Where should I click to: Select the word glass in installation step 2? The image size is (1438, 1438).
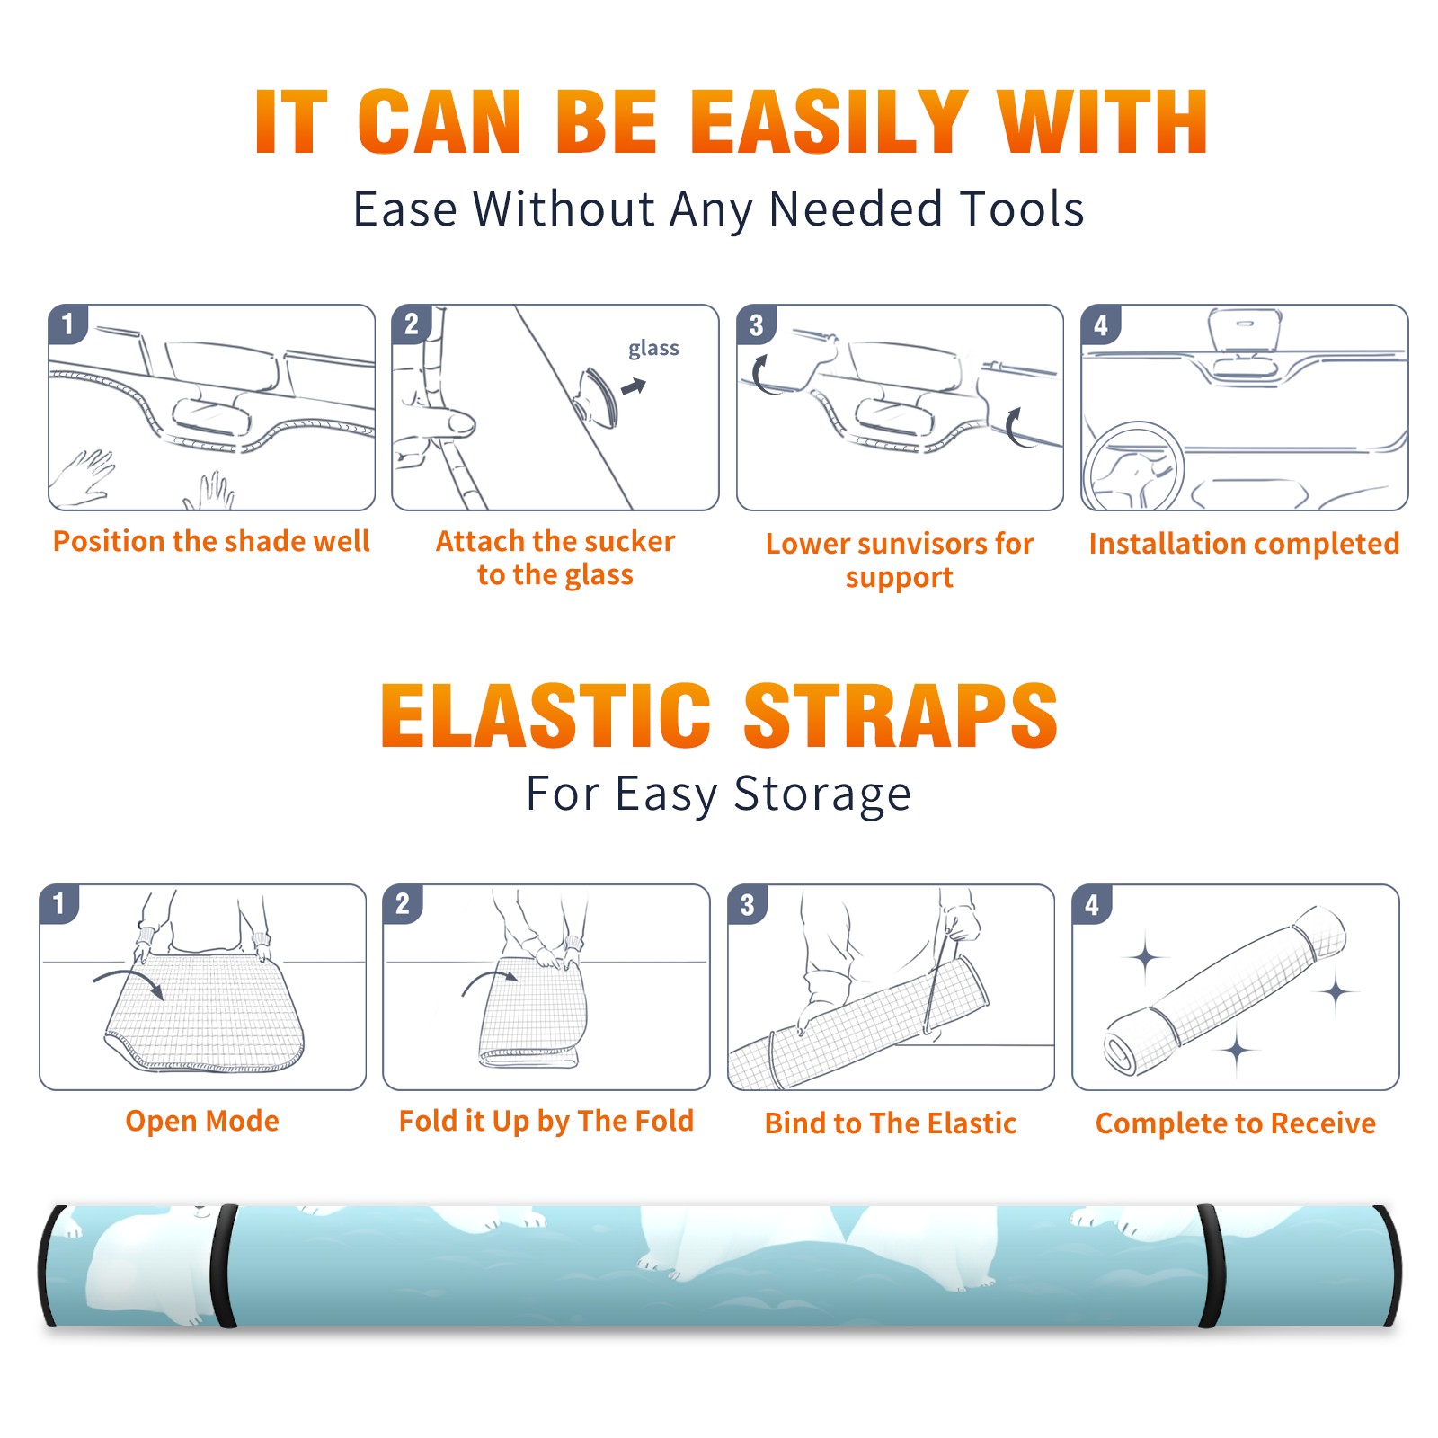click(x=653, y=349)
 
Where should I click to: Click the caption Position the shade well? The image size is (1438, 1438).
click(x=211, y=541)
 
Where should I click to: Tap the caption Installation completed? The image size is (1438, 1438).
click(x=1244, y=544)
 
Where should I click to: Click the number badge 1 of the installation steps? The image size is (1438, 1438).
click(x=68, y=323)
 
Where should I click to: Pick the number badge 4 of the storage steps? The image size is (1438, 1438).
click(x=1092, y=904)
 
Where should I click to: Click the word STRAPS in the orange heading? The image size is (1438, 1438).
click(x=901, y=715)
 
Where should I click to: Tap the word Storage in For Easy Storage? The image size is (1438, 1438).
click(x=822, y=794)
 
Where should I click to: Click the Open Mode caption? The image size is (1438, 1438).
click(x=202, y=1121)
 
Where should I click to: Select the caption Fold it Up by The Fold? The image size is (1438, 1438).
click(x=546, y=1121)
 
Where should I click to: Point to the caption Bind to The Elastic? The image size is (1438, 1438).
click(x=891, y=1123)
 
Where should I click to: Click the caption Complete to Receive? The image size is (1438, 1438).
click(x=1236, y=1123)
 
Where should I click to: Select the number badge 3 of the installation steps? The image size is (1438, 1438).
click(x=756, y=324)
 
